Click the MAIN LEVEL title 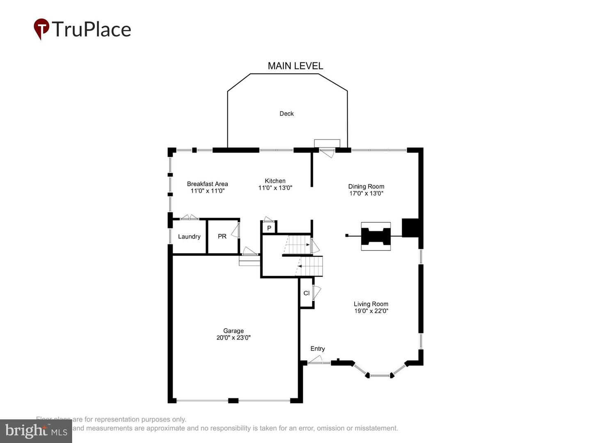[x=295, y=66]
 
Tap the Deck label [x=286, y=114]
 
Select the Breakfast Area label [x=207, y=184]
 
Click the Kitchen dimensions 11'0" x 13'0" [x=275, y=188]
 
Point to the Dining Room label [x=366, y=186]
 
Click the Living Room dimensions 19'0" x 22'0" [x=371, y=311]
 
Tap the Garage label [x=233, y=331]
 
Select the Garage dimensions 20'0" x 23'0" [x=233, y=338]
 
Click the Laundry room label [x=189, y=237]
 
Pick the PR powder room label [x=222, y=237]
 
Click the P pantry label [x=269, y=228]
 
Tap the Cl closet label [x=307, y=293]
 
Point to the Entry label [x=318, y=349]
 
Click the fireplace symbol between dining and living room [x=376, y=236]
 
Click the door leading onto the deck [x=327, y=152]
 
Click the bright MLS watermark [x=36, y=431]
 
